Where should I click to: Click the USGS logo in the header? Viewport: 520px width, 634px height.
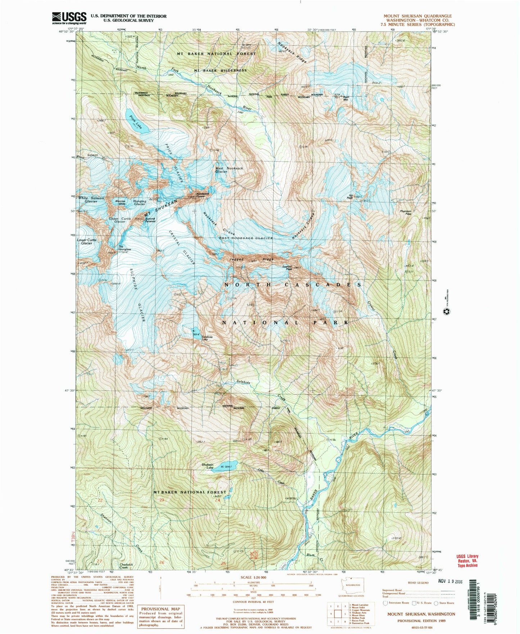[x=69, y=18]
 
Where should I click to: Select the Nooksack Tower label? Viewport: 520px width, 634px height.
[x=200, y=195]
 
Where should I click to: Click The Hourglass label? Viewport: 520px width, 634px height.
[x=125, y=248]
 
